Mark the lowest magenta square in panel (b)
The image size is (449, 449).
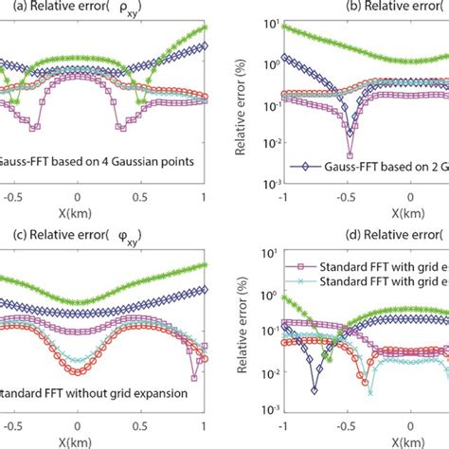pos(350,155)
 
